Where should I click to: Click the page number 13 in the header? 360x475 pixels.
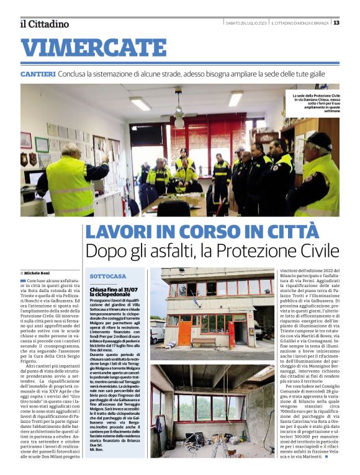coord(336,22)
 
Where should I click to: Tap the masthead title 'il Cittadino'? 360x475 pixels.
coord(44,24)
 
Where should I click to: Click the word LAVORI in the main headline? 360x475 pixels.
coord(119,232)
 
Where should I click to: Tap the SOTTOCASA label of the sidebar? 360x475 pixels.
coord(107,275)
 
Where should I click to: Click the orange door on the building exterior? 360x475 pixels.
coord(184,334)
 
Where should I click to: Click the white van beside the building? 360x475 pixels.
coord(157,331)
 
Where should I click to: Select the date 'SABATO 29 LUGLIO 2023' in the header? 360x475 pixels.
coord(246,23)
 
